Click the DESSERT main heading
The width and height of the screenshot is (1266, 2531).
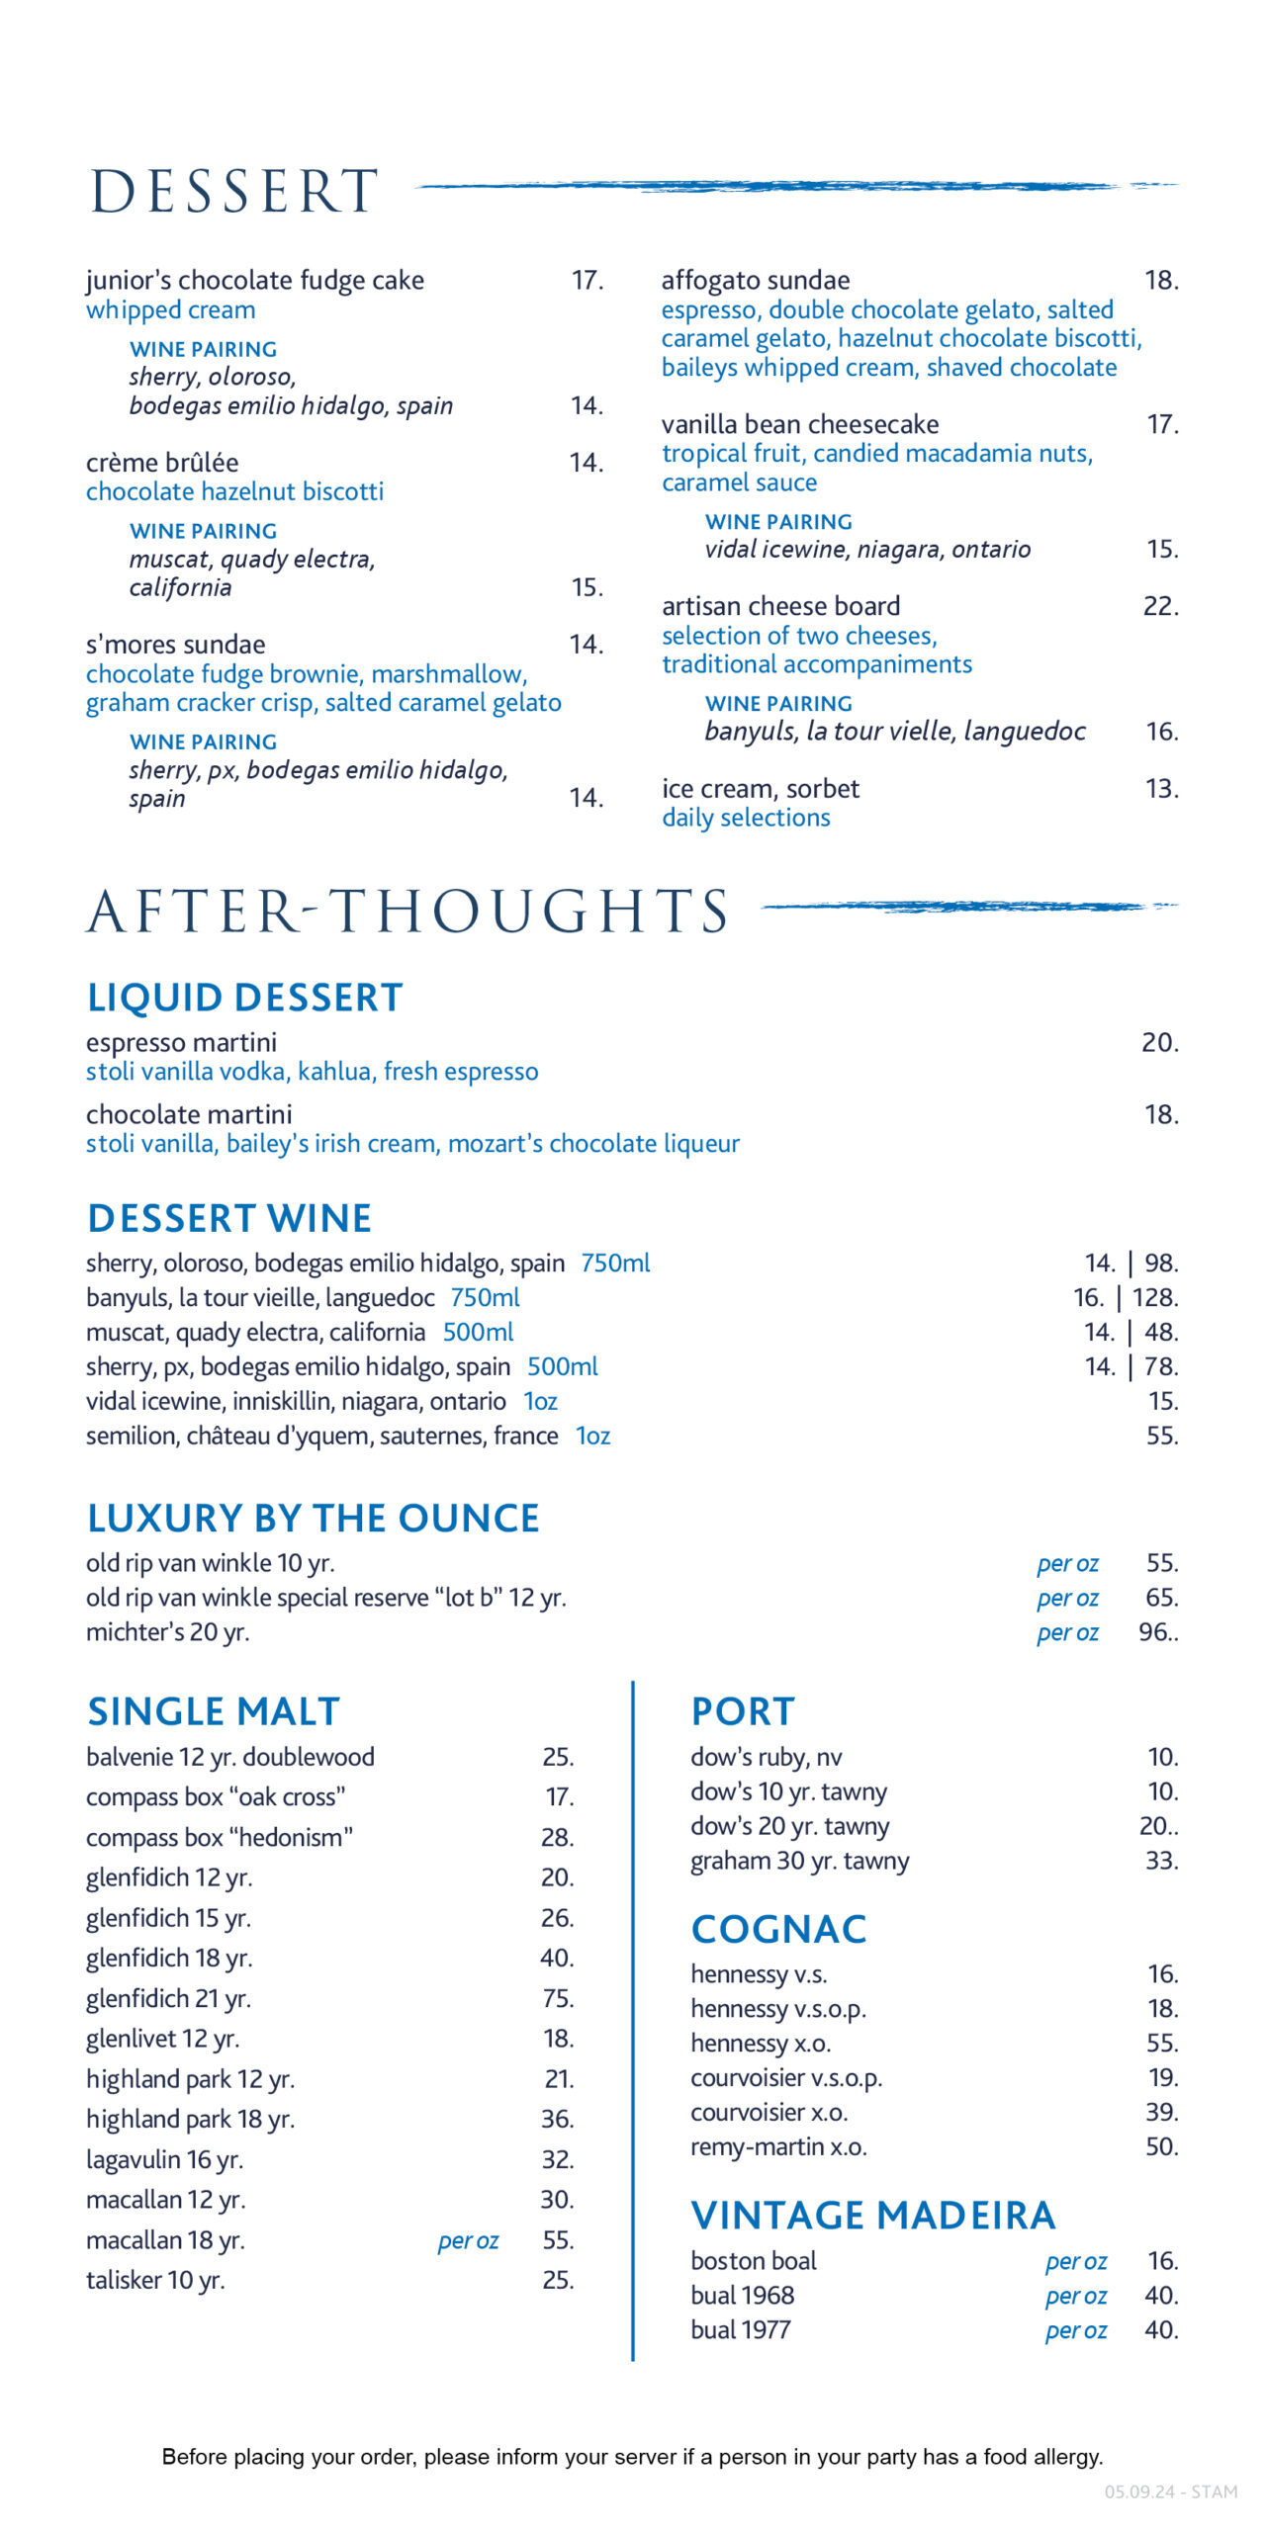pos(234,191)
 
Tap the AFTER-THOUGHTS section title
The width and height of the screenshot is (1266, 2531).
pos(407,911)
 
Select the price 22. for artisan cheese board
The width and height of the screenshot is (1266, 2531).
pos(1160,606)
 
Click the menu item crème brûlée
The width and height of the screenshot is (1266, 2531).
pos(162,463)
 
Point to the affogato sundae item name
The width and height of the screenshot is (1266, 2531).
pos(756,281)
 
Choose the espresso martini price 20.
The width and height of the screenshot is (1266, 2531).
pos(1159,1043)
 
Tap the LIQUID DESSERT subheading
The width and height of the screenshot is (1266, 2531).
pos(244,998)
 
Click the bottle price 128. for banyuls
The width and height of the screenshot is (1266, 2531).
pos(1155,1297)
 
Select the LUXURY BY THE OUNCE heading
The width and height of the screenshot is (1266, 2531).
pos(313,1518)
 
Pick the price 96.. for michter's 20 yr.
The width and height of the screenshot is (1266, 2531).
pos(1158,1631)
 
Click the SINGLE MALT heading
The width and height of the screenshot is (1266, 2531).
pos(214,1711)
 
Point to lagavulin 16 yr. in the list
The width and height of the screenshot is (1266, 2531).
pos(164,2159)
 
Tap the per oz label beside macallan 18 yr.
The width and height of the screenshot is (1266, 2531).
pos(468,2240)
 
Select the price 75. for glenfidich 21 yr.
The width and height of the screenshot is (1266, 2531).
pos(558,1998)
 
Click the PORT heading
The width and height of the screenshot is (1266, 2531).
pos(743,1711)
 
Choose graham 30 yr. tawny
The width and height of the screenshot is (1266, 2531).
pos(799,1861)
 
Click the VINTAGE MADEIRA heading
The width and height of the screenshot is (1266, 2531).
pos(873,2216)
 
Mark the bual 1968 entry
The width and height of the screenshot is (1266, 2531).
pos(742,2295)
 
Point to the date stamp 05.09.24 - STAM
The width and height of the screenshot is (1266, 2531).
pos(1170,2491)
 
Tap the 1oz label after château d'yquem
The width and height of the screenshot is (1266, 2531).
pos(593,1436)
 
